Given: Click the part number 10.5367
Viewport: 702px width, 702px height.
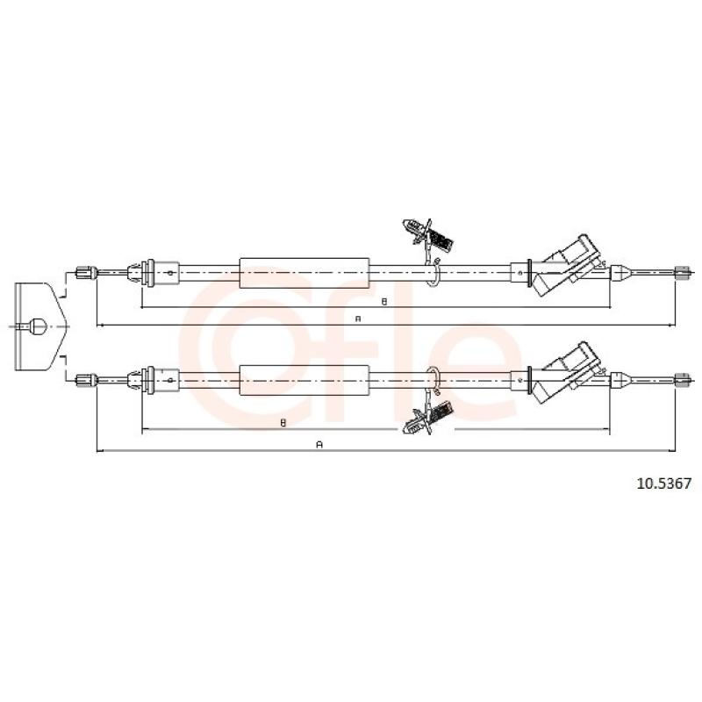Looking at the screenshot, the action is point(664,484).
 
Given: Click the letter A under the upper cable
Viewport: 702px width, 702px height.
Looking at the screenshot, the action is point(358,319).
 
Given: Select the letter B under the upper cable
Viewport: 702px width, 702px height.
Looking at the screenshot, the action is point(383,302).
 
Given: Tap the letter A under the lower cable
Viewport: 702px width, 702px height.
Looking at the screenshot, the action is point(319,445).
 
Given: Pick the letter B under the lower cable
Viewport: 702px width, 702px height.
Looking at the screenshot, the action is point(283,423).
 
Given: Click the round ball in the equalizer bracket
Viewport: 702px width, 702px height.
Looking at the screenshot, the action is point(38,326).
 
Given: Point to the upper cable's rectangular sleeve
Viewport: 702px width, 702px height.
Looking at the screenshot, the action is point(304,273).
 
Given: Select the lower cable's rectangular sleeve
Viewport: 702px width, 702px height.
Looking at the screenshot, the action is point(304,380).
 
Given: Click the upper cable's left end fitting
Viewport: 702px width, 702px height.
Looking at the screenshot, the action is point(86,272).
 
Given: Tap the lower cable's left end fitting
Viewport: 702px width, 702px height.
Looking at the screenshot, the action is point(86,380).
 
